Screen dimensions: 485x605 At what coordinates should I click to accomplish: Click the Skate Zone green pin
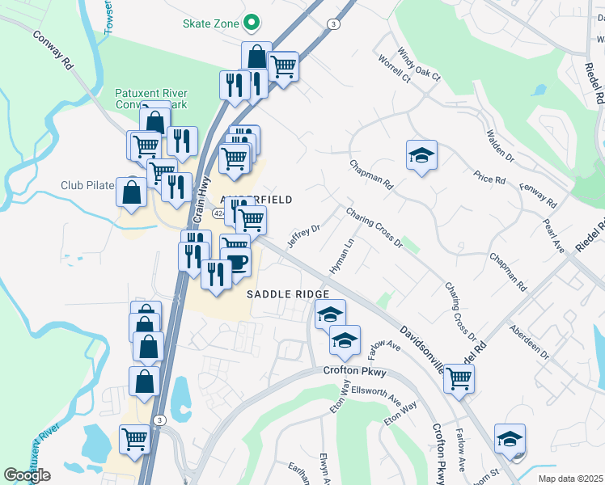[252, 23]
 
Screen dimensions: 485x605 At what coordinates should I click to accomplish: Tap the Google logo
[27, 475]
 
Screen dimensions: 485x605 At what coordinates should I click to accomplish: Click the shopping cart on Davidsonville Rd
[459, 377]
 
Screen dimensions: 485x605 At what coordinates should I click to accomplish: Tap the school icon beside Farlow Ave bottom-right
[510, 438]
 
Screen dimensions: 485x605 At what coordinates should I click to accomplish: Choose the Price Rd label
[490, 178]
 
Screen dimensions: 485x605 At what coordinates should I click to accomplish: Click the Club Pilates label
[87, 185]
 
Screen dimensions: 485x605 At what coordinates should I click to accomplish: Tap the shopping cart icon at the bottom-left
[134, 440]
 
